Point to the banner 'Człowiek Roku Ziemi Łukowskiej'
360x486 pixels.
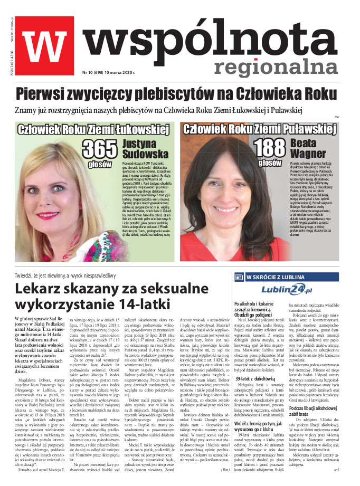(93, 130)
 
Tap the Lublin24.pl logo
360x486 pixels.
(287, 289)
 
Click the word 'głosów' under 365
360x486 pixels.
(100, 164)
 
